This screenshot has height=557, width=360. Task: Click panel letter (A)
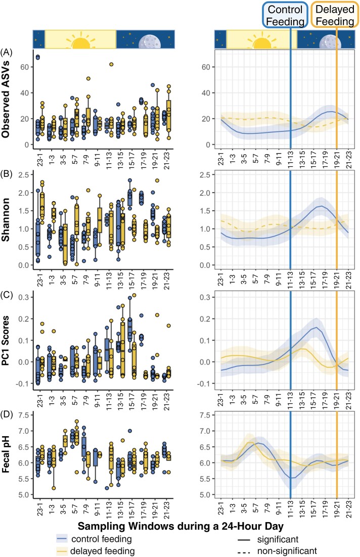coord(8,52)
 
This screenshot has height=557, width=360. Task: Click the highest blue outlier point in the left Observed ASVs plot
coord(37,57)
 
